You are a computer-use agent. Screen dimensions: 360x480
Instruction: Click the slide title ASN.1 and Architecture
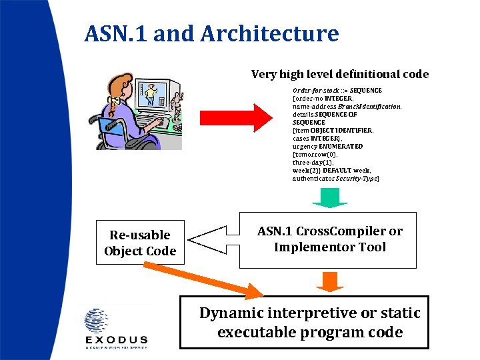(x=211, y=33)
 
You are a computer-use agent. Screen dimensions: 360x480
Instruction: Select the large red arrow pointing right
(x=233, y=117)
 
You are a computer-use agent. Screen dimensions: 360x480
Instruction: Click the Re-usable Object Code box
(x=140, y=243)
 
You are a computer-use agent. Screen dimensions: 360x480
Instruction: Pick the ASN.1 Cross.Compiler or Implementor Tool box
(x=329, y=239)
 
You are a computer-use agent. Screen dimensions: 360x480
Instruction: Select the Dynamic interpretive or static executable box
(x=309, y=323)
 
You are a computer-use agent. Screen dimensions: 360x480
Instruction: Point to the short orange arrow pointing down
(x=329, y=281)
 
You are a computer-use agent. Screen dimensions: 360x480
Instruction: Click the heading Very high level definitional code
(x=339, y=75)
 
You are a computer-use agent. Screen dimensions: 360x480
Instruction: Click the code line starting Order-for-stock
(x=337, y=90)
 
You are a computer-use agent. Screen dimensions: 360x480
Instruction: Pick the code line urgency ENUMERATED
(x=327, y=146)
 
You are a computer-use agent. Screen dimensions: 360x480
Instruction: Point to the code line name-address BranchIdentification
(x=347, y=106)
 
